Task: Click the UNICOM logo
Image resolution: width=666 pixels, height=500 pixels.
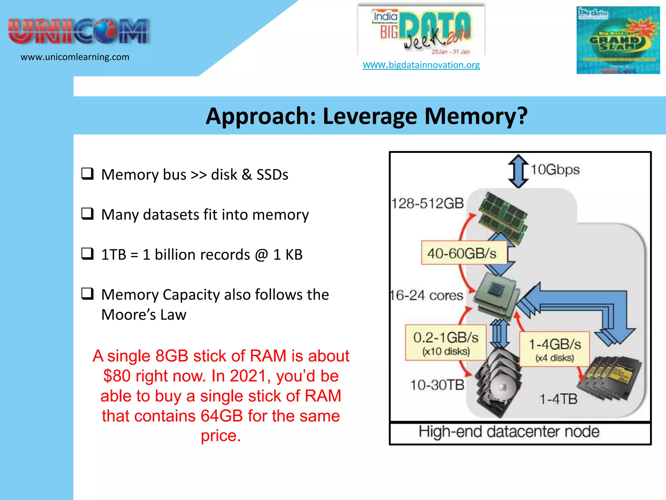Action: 79,32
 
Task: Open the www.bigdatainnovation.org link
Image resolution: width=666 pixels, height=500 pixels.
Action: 421,65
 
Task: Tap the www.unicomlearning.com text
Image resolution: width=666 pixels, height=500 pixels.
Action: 75,57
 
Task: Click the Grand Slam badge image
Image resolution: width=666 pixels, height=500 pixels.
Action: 618,40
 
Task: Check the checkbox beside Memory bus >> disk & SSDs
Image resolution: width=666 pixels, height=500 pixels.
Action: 87,174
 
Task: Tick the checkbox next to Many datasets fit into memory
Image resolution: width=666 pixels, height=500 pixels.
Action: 87,214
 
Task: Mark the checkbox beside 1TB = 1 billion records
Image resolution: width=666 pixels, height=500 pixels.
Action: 87,254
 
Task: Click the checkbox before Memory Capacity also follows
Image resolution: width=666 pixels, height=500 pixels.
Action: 87,294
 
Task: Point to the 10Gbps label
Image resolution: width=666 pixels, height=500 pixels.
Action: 555,170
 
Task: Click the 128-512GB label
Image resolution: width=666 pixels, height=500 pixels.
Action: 427,203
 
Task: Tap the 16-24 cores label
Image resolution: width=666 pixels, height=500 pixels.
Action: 427,295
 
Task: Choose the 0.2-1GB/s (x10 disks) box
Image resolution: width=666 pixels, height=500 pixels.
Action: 446,343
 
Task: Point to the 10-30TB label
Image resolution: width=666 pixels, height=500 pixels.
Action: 437,385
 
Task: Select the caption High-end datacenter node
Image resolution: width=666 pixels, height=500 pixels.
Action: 509,432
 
